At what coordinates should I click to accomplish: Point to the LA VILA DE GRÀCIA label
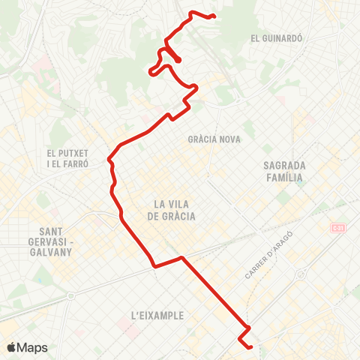click(x=174, y=210)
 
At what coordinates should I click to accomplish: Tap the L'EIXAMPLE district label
click(x=157, y=316)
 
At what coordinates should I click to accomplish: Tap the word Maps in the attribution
click(x=33, y=347)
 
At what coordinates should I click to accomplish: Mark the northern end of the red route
click(x=214, y=16)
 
